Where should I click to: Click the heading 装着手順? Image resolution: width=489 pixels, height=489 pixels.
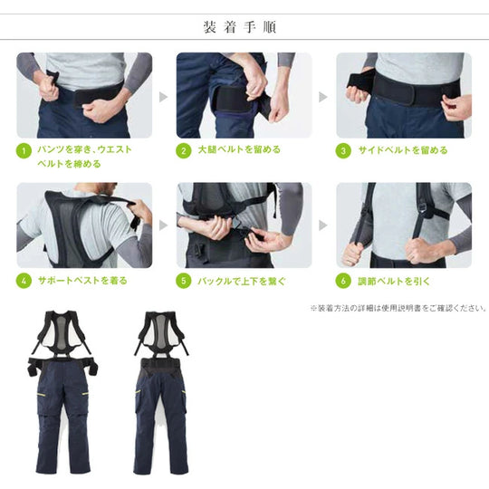244,27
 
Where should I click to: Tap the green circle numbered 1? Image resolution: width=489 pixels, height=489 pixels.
24,150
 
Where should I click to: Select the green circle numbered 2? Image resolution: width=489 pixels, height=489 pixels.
184,150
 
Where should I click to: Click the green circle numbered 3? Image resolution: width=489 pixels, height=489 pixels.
343,150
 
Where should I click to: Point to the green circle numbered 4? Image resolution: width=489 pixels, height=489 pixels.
24,281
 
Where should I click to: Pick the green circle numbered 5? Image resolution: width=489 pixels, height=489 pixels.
184,281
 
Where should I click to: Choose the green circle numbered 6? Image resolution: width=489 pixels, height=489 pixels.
343,281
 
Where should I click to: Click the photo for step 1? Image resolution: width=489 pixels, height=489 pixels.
84,94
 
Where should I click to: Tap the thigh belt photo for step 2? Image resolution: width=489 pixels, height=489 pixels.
244,94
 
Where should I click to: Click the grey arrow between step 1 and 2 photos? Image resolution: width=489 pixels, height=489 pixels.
164,95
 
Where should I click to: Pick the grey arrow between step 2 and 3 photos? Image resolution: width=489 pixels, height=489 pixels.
323,95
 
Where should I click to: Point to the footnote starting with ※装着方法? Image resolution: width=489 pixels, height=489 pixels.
398,308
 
